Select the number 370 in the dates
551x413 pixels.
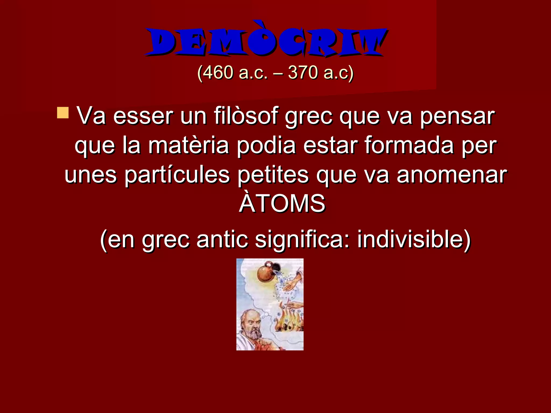coord(303,73)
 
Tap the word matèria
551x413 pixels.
coord(188,146)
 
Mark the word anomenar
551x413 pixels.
coord(452,175)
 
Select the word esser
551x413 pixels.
coord(143,117)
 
